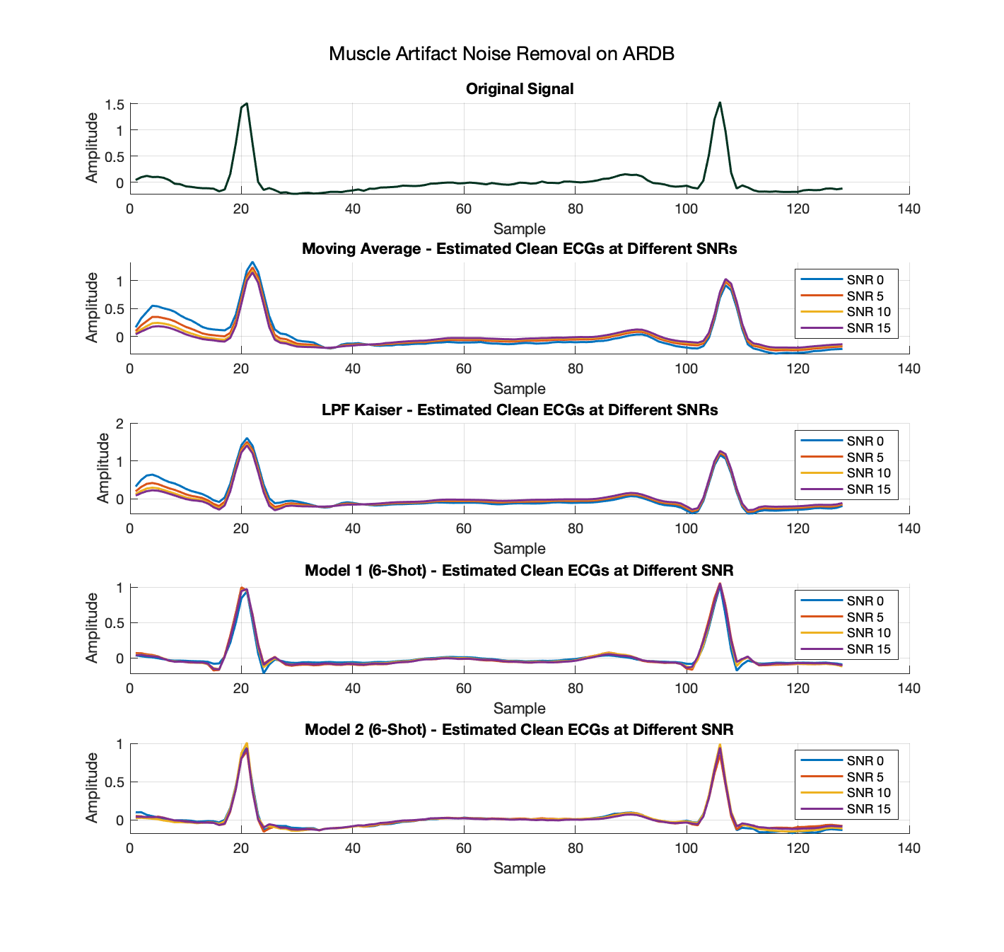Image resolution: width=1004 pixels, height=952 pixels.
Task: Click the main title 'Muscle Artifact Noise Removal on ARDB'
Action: pyautogui.click(x=501, y=54)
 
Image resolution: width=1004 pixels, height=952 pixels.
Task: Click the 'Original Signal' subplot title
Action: pyautogui.click(x=520, y=89)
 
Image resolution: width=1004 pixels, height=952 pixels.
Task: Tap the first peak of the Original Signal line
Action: pyautogui.click(x=246, y=103)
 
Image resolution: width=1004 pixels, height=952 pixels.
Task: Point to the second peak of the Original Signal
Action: pyautogui.click(x=720, y=103)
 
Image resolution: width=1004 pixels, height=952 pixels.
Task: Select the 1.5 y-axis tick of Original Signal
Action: pyautogui.click(x=115, y=105)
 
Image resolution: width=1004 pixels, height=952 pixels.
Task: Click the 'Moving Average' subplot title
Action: pyautogui.click(x=520, y=249)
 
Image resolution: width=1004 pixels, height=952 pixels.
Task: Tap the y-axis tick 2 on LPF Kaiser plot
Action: pyautogui.click(x=119, y=424)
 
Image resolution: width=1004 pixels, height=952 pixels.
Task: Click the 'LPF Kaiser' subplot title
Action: pyautogui.click(x=520, y=410)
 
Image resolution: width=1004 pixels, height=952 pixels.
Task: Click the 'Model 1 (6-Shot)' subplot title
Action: pyautogui.click(x=520, y=570)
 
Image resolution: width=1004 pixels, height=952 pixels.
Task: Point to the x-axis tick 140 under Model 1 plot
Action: pyautogui.click(x=909, y=688)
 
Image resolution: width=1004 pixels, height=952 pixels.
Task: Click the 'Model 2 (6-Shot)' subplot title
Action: pyautogui.click(x=520, y=730)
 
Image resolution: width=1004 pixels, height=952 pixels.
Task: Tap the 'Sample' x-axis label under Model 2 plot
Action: pyautogui.click(x=520, y=869)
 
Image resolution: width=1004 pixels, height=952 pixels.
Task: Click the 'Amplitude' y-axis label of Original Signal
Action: pyautogui.click(x=92, y=147)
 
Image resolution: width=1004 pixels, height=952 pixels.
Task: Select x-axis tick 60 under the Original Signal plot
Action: pyautogui.click(x=464, y=209)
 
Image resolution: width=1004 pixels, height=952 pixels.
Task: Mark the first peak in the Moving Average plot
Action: pyautogui.click(x=252, y=262)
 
